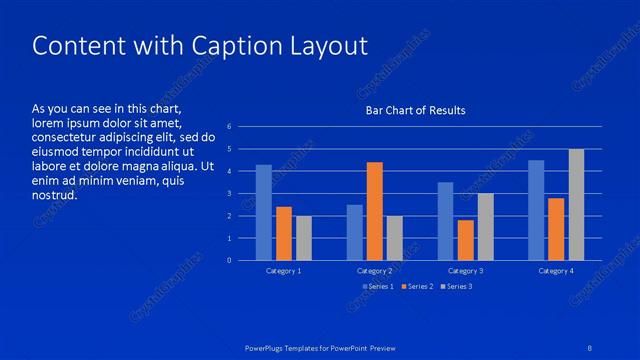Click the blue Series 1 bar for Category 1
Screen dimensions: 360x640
pos(264,213)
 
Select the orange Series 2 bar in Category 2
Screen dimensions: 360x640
pos(375,211)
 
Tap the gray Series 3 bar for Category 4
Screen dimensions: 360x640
pos(576,205)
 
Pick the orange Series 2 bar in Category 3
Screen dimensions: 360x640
pos(465,240)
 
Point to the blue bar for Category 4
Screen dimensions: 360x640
pos(536,210)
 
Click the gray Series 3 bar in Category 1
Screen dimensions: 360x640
pos(304,238)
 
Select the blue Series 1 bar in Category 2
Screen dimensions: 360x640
pos(355,232)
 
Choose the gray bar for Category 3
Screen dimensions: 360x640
pos(485,227)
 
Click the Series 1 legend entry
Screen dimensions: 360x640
pos(377,287)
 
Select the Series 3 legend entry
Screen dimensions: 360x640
pos(457,287)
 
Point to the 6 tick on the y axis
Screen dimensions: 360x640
pos(230,127)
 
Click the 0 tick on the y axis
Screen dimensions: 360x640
pos(230,261)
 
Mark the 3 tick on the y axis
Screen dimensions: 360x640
pos(230,194)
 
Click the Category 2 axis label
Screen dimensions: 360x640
pos(374,271)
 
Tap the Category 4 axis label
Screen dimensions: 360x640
pos(556,271)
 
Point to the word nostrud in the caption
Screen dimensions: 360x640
pos(55,195)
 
